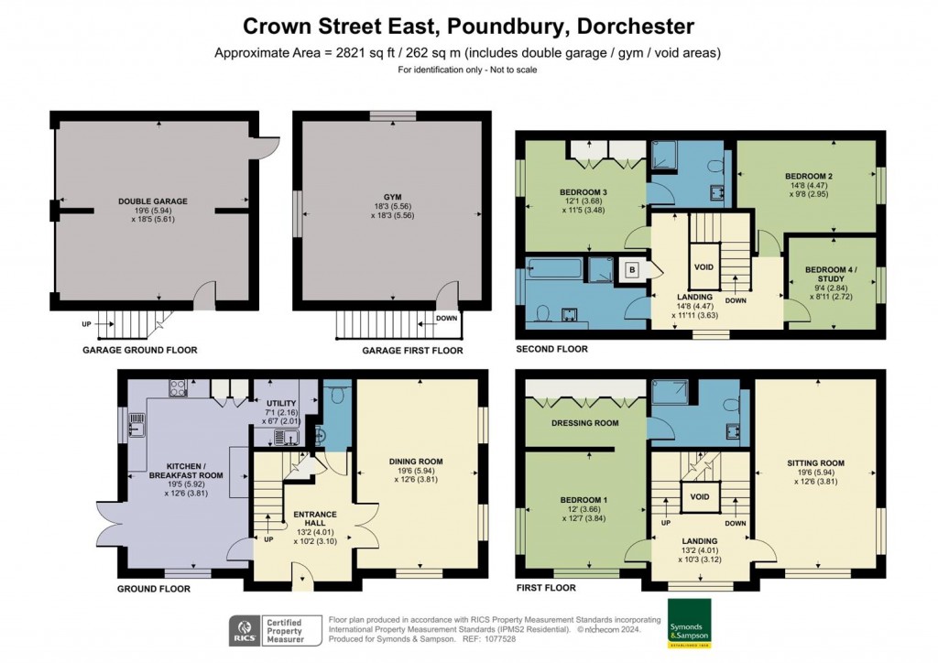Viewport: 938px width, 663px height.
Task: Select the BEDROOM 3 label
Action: click(584, 192)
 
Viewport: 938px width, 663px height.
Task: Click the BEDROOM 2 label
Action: click(808, 175)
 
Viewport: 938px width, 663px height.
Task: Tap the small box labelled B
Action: click(632, 270)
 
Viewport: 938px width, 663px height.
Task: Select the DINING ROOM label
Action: click(416, 462)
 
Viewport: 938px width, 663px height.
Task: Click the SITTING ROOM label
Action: click(815, 462)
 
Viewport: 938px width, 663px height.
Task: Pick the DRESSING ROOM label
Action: click(585, 423)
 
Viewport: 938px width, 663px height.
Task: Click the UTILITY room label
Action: click(279, 403)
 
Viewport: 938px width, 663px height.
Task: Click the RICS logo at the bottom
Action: click(243, 631)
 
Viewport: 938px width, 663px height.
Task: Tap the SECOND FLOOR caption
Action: click(551, 349)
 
